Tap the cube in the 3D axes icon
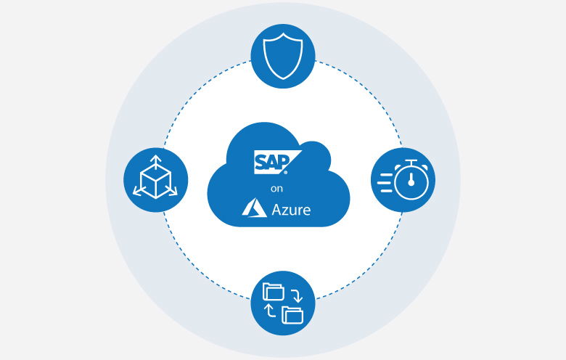click(x=155, y=179)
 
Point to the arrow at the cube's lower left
click(x=137, y=192)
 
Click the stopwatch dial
click(x=410, y=181)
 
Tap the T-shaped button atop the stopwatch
click(x=410, y=161)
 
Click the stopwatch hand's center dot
click(x=410, y=183)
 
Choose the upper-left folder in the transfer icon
click(x=273, y=292)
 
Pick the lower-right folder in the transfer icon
click(x=292, y=314)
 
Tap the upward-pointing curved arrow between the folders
click(x=269, y=311)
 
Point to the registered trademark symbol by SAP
click(x=285, y=173)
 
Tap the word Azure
click(x=290, y=210)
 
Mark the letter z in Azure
click(x=286, y=212)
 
